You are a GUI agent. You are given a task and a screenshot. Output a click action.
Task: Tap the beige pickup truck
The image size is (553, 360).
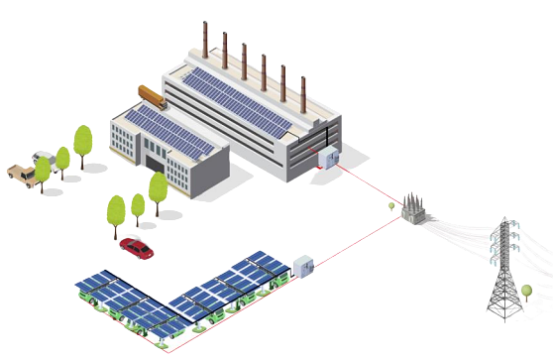coord(19,173)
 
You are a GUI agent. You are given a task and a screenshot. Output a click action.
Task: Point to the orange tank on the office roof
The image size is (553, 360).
coord(154,98)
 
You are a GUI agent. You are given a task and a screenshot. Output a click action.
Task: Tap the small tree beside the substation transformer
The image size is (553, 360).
coord(393,206)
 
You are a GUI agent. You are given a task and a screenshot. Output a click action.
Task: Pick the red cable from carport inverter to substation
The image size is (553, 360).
coord(352,244)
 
